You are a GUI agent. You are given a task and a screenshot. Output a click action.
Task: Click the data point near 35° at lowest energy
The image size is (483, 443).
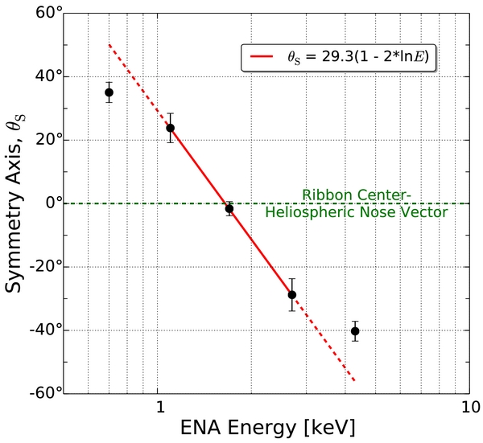tap(109, 92)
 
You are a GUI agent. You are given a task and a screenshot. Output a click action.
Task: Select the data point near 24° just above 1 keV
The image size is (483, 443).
tap(170, 128)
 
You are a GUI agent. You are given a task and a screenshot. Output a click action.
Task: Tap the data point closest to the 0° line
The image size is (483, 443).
tap(229, 208)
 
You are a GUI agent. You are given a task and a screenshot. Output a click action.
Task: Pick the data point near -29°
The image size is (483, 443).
tap(292, 294)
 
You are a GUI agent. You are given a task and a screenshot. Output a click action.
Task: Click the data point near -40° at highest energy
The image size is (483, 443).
tap(355, 331)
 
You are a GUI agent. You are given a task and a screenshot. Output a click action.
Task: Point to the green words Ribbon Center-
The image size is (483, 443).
tap(356, 195)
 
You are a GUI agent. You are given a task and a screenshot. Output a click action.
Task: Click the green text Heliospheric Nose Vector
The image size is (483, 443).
tap(356, 212)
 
